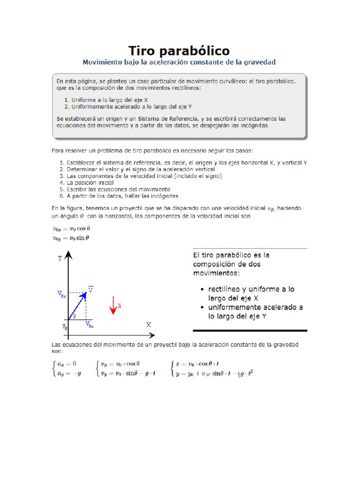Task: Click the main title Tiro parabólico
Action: pos(179,50)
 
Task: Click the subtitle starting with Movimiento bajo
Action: pos(179,62)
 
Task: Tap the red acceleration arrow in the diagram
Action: pos(113,304)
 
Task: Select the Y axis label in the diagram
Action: pos(60,258)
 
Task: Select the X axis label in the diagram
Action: pos(149,324)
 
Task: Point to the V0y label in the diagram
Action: pos(62,294)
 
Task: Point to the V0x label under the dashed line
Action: pos(90,324)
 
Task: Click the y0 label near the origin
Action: pos(65,327)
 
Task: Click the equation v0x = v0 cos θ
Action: pos(70,229)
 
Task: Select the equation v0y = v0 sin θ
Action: pos(70,238)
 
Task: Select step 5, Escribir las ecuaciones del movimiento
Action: pos(112,189)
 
